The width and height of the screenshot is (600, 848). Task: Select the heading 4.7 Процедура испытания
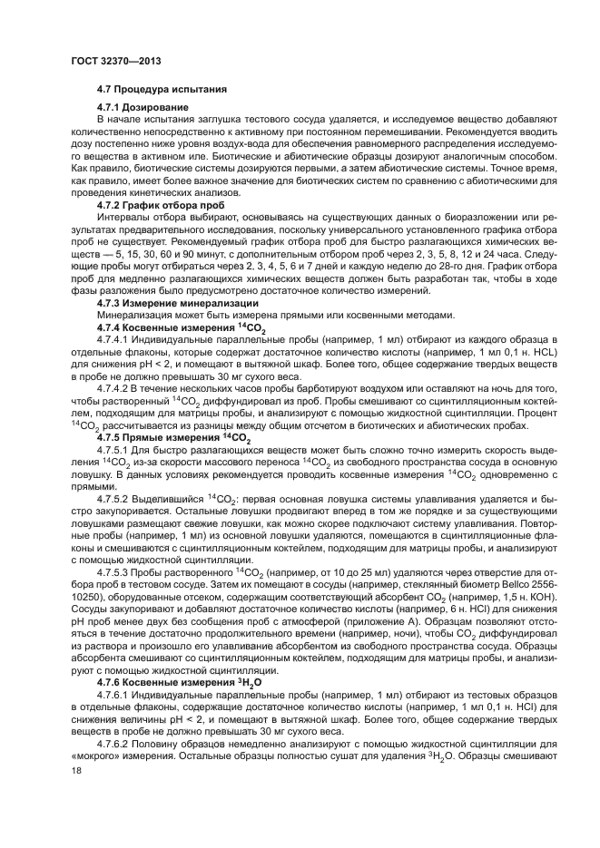[155, 90]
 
